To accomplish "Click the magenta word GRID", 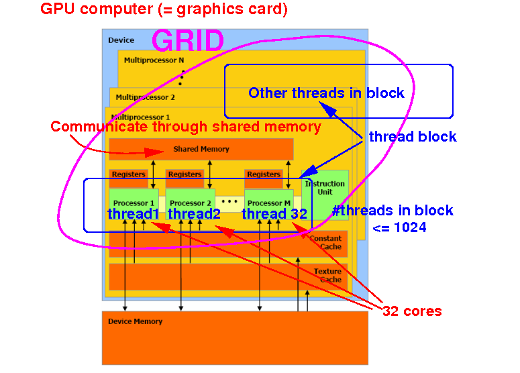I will point(188,41).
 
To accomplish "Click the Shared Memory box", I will point(201,149).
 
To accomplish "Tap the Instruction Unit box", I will point(325,188).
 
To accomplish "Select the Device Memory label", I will point(135,321).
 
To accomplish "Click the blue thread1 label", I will point(134,214).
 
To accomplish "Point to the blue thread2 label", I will point(194,214).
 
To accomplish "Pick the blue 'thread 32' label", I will point(274,214).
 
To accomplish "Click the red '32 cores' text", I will point(411,311).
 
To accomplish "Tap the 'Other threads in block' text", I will point(326,93).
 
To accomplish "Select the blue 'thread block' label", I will point(413,137).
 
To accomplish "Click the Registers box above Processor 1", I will point(128,175).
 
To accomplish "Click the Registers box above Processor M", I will point(264,175).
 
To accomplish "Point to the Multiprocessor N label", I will point(154,60).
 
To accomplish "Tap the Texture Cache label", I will point(327,275).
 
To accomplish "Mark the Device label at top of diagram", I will point(121,40).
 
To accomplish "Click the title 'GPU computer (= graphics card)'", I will point(164,9).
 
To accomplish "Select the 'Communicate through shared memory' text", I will point(186,126).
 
